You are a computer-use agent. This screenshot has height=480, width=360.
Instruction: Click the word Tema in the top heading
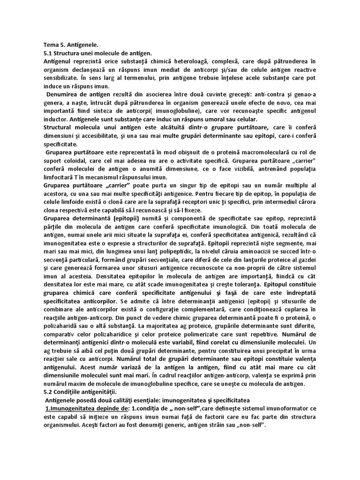[50, 45]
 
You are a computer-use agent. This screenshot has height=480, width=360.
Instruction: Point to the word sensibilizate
[60, 78]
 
